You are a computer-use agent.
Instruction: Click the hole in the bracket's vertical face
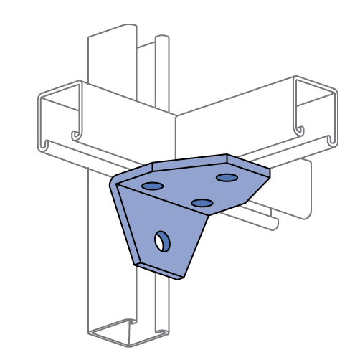163,242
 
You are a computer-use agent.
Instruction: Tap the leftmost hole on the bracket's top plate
152,186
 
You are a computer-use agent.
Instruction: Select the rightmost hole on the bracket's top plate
227,177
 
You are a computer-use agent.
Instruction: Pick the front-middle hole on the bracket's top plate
202,203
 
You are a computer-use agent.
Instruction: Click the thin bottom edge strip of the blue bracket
159,270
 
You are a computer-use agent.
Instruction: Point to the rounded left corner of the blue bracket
115,181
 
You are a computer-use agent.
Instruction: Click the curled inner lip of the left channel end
76,135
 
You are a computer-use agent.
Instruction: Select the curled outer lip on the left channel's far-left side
43,146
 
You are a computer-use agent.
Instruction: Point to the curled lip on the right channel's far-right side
332,141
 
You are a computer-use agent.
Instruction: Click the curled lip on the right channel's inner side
300,131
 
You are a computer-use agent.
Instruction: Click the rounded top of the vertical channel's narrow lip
162,37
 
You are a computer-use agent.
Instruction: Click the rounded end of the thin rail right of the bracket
275,225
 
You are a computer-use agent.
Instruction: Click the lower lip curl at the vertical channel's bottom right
163,333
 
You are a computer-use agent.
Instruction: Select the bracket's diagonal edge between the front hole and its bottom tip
195,245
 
